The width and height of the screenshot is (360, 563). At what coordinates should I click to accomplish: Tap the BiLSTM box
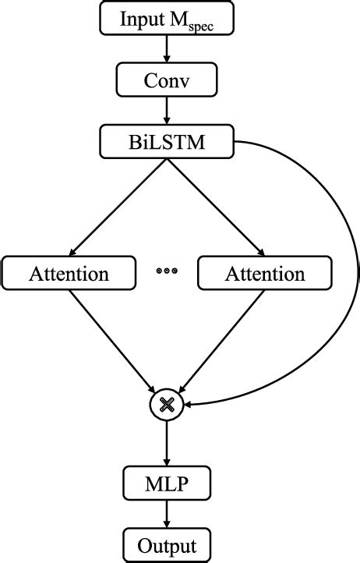click(x=168, y=142)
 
